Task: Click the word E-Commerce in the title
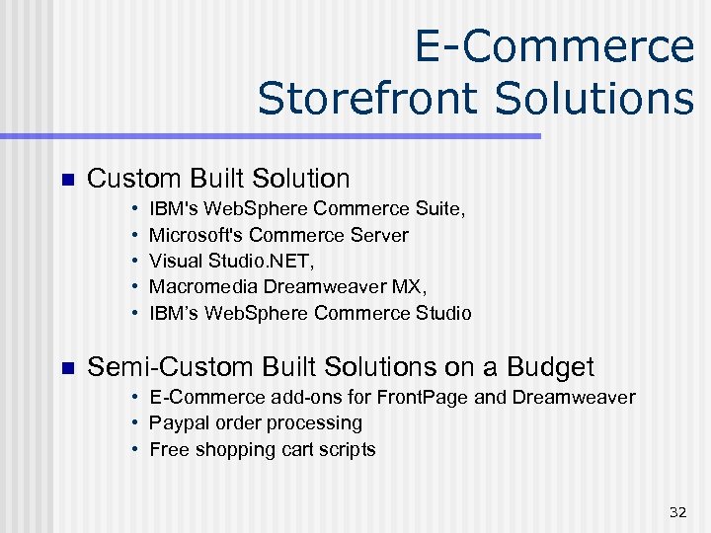pyautogui.click(x=554, y=46)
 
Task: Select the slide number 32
pyautogui.click(x=677, y=511)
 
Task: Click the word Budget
pyautogui.click(x=550, y=368)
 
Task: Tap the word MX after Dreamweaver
pyautogui.click(x=409, y=287)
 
